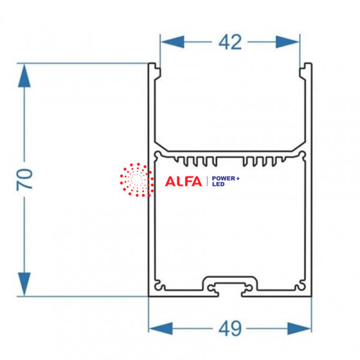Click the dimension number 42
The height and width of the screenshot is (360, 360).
[x=230, y=42]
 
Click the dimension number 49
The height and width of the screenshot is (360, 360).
[x=230, y=328]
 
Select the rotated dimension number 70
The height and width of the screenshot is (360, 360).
[x=24, y=179]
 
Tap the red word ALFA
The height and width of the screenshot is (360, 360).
[x=183, y=181]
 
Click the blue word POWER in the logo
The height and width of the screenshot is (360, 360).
[x=224, y=179]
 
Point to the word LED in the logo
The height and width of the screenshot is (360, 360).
[x=218, y=184]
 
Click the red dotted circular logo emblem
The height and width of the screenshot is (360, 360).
[x=137, y=180]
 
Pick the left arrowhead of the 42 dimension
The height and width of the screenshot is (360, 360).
[x=172, y=42]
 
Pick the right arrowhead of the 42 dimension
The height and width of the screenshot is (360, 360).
[x=288, y=42]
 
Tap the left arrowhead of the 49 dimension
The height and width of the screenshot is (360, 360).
[x=161, y=328]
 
